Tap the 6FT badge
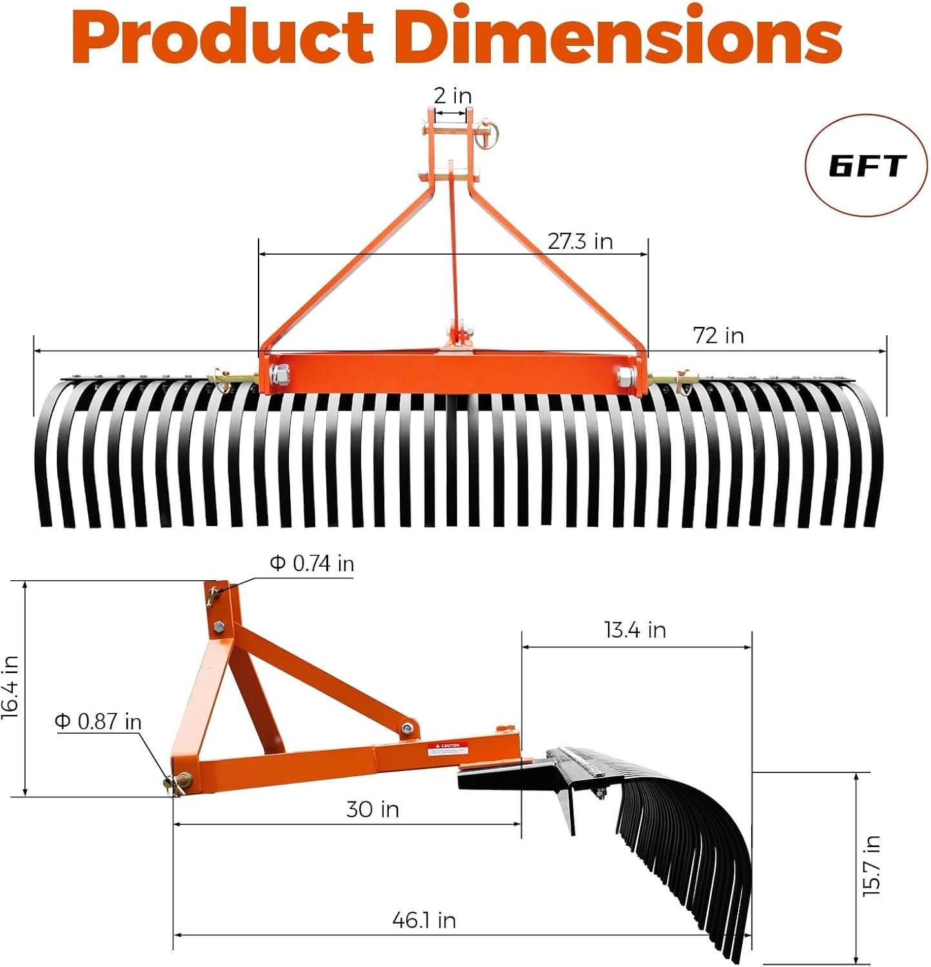(867, 166)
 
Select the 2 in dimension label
(452, 95)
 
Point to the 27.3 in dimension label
(580, 241)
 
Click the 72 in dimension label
(718, 335)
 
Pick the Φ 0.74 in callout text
(312, 563)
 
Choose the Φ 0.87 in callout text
(98, 721)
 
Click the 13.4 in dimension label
(635, 630)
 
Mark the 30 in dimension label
(373, 809)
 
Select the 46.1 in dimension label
(424, 920)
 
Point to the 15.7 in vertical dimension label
(871, 866)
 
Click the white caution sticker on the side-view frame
(447, 748)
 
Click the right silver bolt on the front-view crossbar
(625, 377)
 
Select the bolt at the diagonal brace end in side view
(407, 728)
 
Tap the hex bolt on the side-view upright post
(219, 626)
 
